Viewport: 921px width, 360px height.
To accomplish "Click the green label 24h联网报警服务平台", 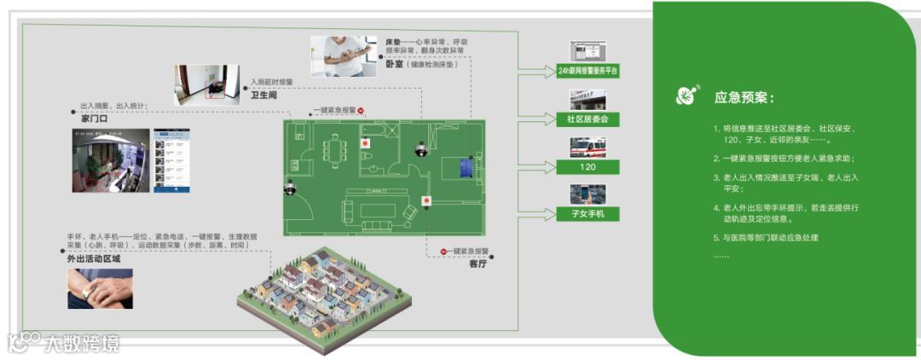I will (588, 72).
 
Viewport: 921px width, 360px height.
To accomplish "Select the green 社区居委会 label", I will (588, 119).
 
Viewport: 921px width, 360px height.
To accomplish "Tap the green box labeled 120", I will (588, 166).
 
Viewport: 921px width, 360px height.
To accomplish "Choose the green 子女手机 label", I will (588, 213).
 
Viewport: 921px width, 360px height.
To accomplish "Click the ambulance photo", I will (588, 146).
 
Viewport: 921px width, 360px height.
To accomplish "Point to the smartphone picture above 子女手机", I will (588, 193).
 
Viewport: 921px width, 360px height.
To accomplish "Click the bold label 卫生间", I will (264, 96).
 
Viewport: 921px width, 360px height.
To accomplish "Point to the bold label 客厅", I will (478, 264).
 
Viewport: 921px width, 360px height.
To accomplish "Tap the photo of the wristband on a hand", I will (100, 288).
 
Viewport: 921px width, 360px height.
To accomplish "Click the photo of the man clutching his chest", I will (344, 56).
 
